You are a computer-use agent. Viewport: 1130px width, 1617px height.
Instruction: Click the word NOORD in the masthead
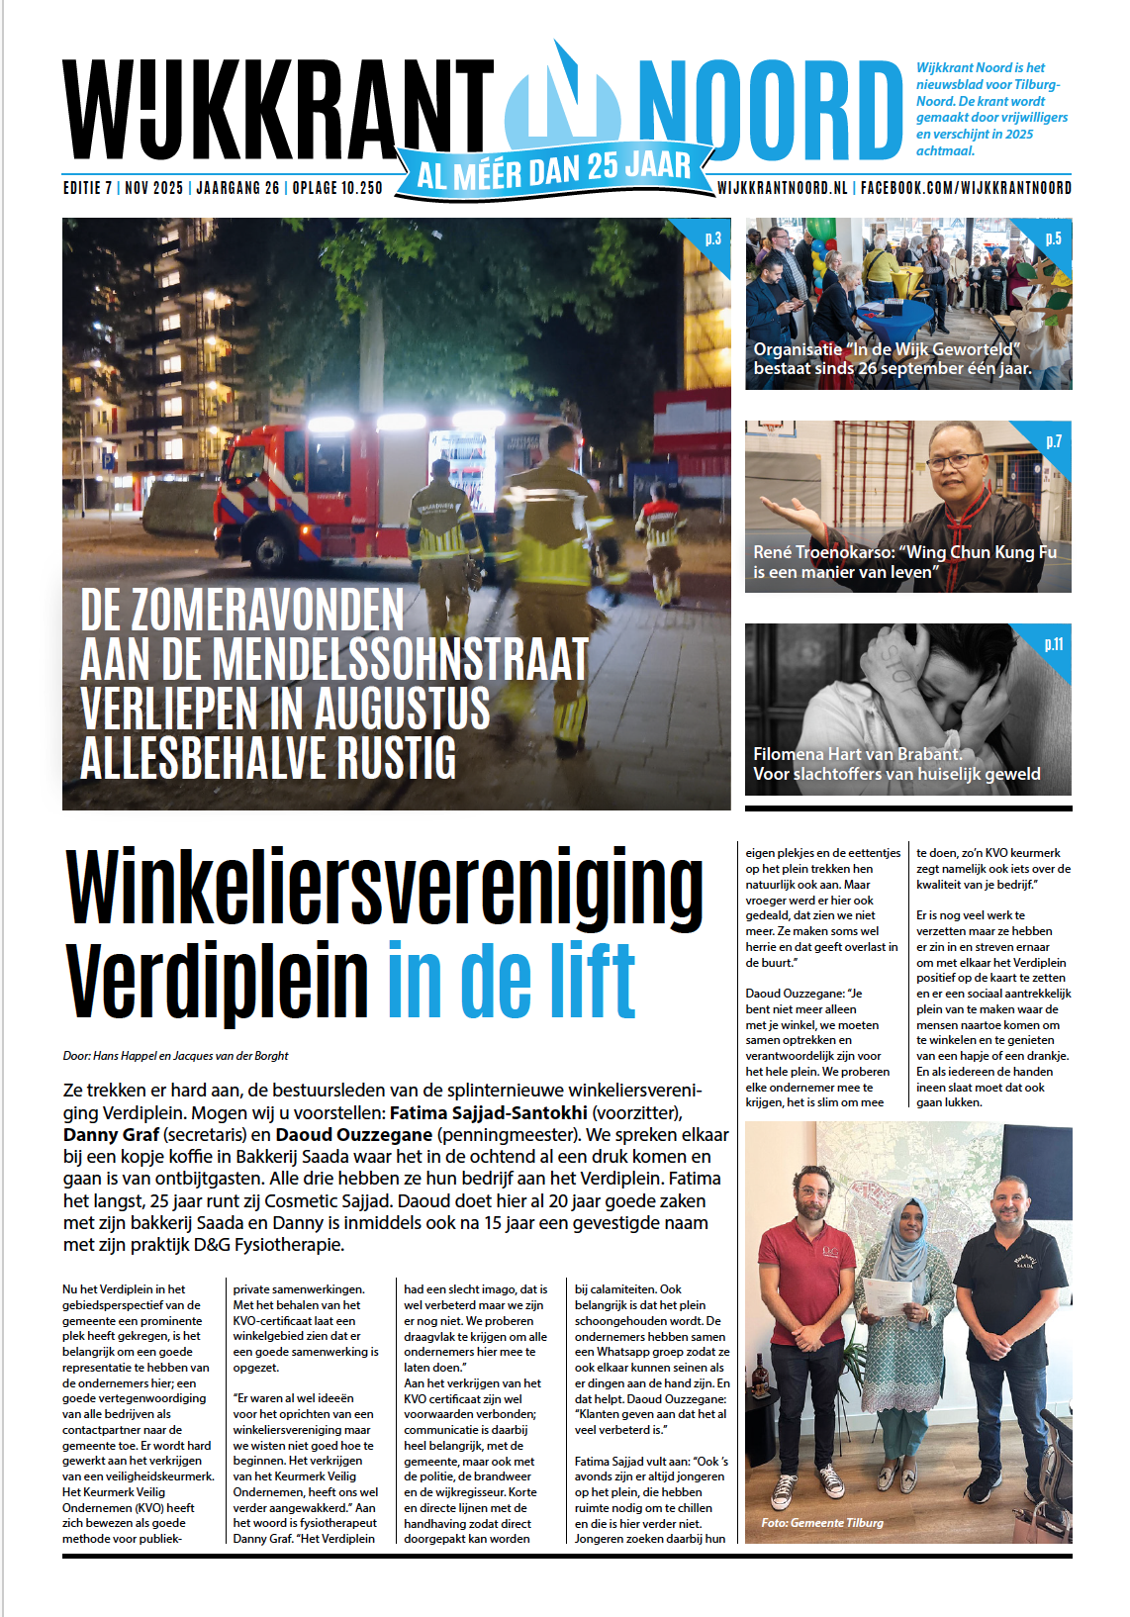pyautogui.click(x=770, y=111)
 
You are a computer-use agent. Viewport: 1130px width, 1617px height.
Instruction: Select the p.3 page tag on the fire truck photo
pyautogui.click(x=712, y=238)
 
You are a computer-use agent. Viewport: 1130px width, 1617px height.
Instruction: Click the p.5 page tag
pyautogui.click(x=1053, y=238)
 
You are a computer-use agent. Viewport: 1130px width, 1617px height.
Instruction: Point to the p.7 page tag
pyautogui.click(x=1054, y=441)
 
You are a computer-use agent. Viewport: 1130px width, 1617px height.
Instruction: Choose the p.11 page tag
pyautogui.click(x=1053, y=644)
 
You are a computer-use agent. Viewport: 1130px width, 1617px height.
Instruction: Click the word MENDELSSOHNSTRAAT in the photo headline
pyautogui.click(x=401, y=659)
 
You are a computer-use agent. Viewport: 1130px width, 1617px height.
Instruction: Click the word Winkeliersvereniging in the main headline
pyautogui.click(x=384, y=886)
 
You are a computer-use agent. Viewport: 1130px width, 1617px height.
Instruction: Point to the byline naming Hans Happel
pyautogui.click(x=176, y=1056)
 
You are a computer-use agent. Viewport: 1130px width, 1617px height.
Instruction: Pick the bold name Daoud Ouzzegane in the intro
pyautogui.click(x=353, y=1134)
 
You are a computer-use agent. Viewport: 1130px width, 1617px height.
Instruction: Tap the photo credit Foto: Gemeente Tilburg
pyautogui.click(x=821, y=1523)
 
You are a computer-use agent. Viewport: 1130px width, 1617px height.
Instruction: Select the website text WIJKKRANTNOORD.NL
pyautogui.click(x=782, y=188)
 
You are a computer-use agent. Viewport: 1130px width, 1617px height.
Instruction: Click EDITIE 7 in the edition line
pyautogui.click(x=88, y=188)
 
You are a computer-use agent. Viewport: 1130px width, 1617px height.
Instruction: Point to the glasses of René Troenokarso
pyautogui.click(x=955, y=460)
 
